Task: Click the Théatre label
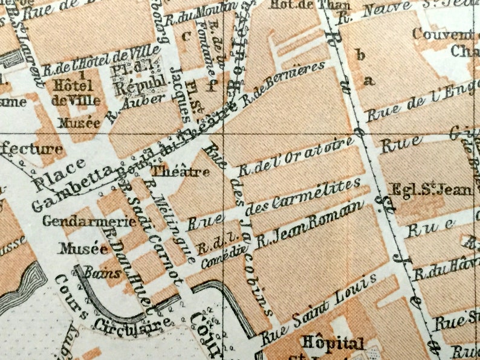click(x=180, y=172)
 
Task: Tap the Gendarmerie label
click(x=89, y=221)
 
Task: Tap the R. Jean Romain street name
click(x=310, y=226)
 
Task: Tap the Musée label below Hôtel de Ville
click(x=79, y=123)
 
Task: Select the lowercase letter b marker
click(x=362, y=56)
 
